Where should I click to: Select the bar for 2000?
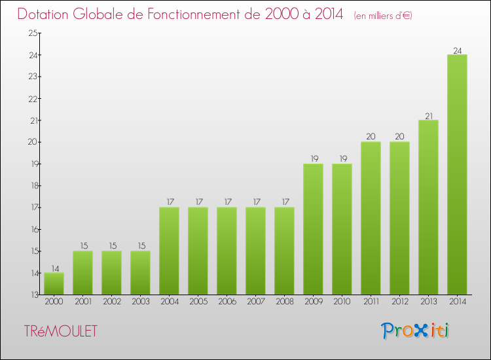pyautogui.click(x=54, y=283)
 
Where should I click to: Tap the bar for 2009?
pyautogui.click(x=313, y=229)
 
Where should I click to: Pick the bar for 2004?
pyautogui.click(x=169, y=251)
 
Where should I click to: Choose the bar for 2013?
pyautogui.click(x=428, y=207)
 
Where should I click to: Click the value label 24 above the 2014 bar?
pyautogui.click(x=457, y=50)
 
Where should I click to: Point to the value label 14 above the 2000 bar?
pyautogui.click(x=54, y=268)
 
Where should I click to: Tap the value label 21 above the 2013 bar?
pyautogui.click(x=428, y=116)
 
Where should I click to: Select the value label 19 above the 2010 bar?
pyautogui.click(x=342, y=159)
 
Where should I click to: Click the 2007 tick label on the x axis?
pyautogui.click(x=255, y=302)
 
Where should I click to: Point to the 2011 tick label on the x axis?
pyautogui.click(x=371, y=302)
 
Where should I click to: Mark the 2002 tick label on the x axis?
pyautogui.click(x=111, y=302)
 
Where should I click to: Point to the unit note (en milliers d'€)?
pyautogui.click(x=383, y=16)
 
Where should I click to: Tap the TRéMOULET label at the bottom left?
pyautogui.click(x=60, y=332)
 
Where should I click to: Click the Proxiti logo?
pyautogui.click(x=415, y=331)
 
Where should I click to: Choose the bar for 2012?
pyautogui.click(x=399, y=218)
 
